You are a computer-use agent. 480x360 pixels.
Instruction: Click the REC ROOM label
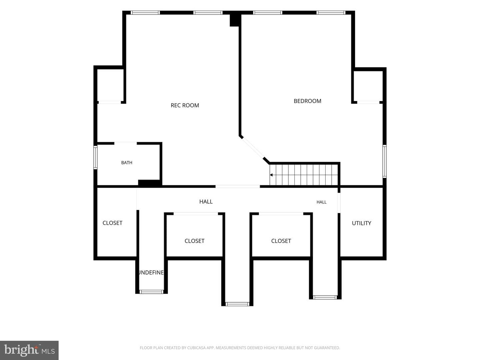(185, 105)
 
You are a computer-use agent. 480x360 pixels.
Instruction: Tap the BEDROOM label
(307, 101)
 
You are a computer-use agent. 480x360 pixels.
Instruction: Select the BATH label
(127, 163)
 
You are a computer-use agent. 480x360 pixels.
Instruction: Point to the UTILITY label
(361, 223)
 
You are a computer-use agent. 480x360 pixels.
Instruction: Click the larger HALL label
(206, 202)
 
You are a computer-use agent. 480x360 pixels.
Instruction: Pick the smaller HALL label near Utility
(321, 202)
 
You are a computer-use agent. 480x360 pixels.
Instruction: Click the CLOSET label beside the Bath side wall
(112, 223)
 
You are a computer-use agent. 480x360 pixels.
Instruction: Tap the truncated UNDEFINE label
(151, 273)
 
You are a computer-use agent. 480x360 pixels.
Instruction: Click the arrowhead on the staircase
(271, 175)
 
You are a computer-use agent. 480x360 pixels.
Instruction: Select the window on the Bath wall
(95, 157)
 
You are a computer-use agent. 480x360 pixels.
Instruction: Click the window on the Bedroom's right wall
(384, 161)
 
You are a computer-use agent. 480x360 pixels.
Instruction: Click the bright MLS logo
(29, 350)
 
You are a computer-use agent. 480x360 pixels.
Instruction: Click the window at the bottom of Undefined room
(152, 292)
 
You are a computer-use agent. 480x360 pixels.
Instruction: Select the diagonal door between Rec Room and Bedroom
(253, 148)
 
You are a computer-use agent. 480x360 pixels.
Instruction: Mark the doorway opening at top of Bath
(126, 143)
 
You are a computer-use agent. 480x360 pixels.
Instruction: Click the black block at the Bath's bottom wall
(150, 183)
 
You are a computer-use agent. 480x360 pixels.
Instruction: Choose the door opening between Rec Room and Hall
(238, 186)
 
